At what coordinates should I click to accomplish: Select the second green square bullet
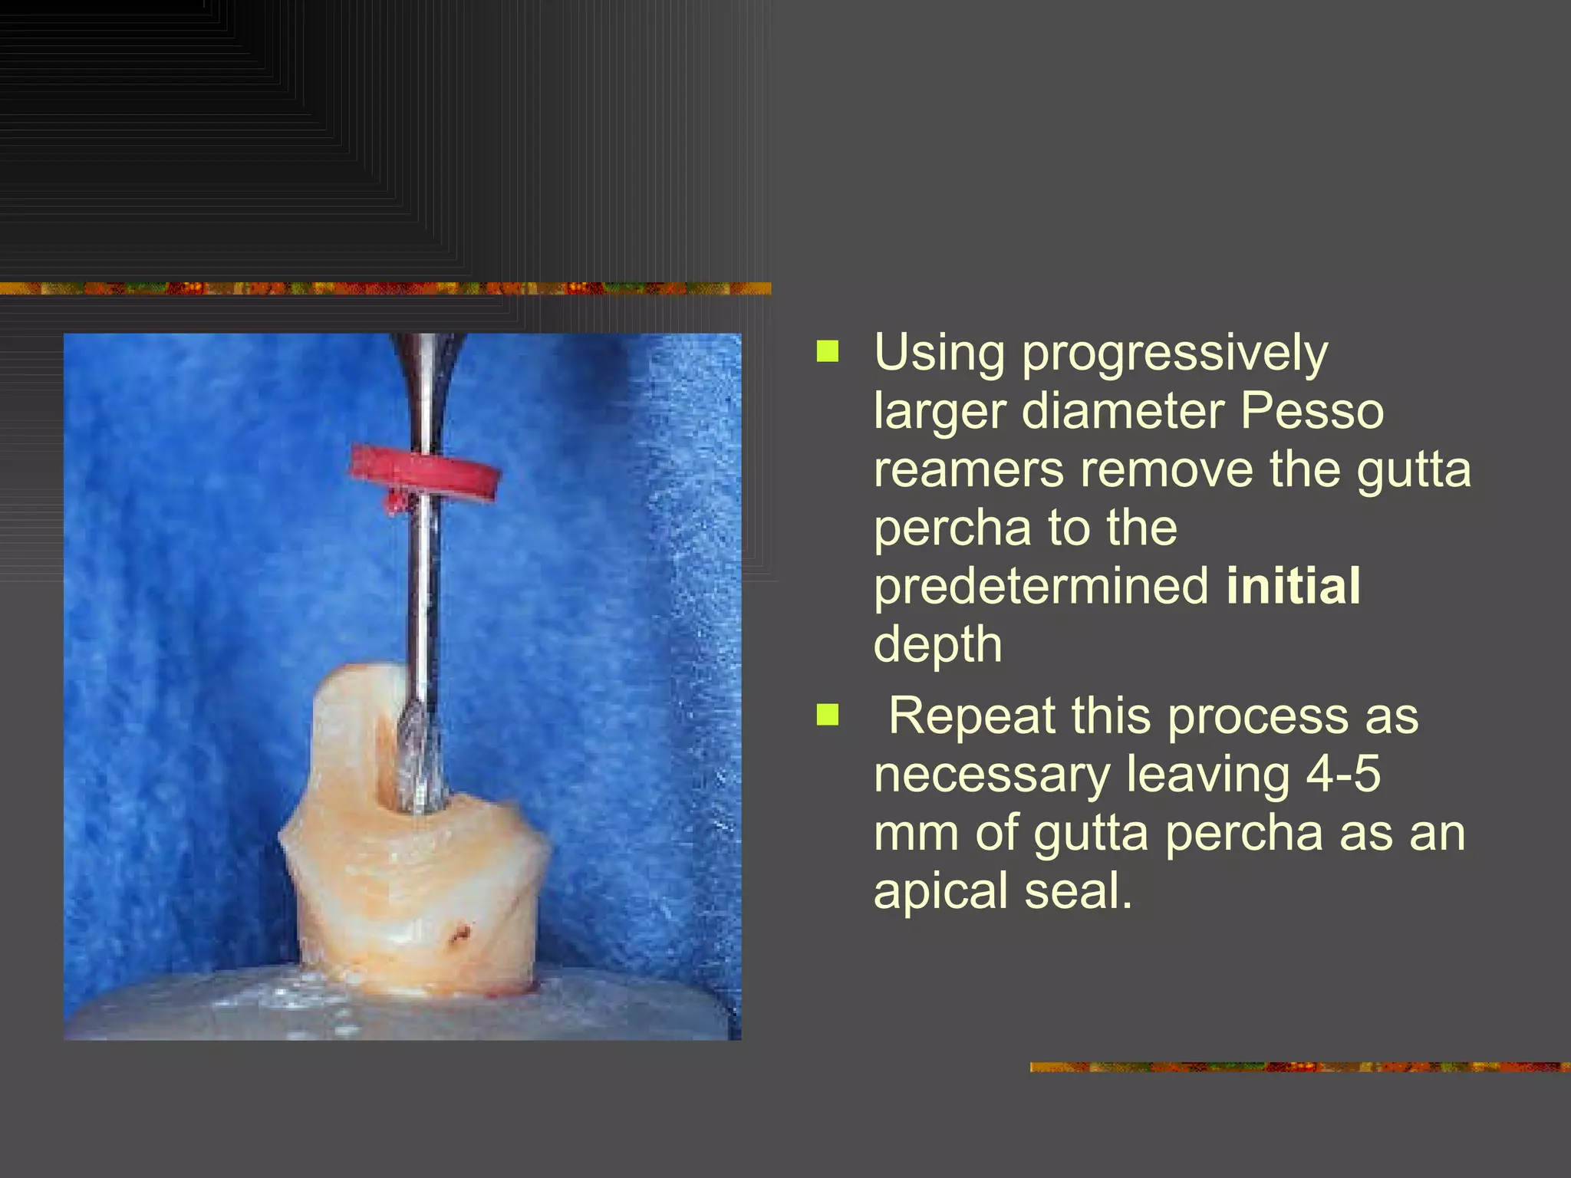tap(828, 716)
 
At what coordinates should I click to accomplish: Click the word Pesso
tap(1312, 411)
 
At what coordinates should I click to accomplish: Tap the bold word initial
tap(1293, 586)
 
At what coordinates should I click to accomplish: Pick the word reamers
tap(969, 469)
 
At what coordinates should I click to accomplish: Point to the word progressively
tap(1174, 354)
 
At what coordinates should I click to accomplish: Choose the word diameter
tap(1123, 411)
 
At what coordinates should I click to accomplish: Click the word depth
tap(937, 644)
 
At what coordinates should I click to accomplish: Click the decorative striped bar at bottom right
tap(1299, 1067)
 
